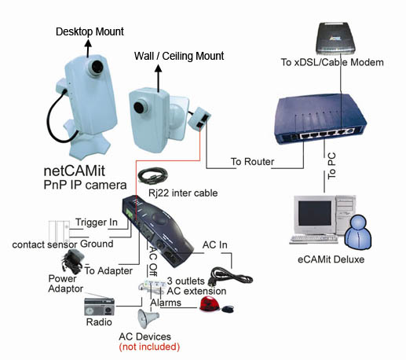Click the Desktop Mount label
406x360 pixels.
90,31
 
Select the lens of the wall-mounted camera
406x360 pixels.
138,108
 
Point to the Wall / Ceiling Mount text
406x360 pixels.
179,56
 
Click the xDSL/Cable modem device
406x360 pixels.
335,39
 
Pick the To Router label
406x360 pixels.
252,162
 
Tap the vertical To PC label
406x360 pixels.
331,166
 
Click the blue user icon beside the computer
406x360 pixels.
358,232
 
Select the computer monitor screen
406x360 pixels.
314,213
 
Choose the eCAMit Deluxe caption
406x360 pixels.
331,259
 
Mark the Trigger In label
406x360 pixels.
97,222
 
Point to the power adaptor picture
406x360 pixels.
72,261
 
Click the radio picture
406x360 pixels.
99,307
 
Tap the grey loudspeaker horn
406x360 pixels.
148,318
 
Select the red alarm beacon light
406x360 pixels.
210,304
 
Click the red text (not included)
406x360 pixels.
149,347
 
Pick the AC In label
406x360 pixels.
215,244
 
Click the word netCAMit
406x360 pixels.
75,171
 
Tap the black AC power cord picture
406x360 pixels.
230,277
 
